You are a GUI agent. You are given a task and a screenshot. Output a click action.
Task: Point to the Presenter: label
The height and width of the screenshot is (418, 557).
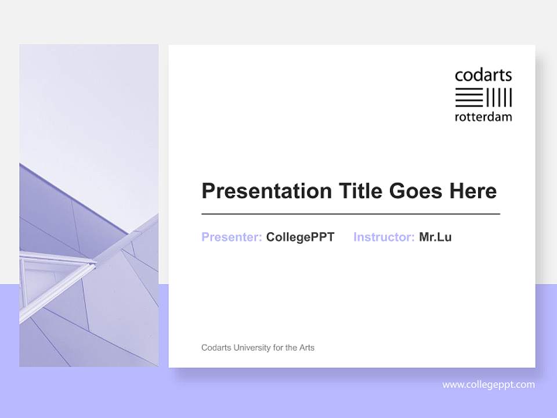pyautogui.click(x=232, y=237)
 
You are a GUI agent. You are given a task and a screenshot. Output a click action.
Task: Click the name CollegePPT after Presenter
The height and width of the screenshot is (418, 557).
pyautogui.click(x=300, y=237)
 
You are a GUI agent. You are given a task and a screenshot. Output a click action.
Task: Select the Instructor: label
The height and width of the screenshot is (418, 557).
pyautogui.click(x=384, y=237)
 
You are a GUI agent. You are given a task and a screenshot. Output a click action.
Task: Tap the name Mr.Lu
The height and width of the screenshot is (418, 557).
pyautogui.click(x=435, y=237)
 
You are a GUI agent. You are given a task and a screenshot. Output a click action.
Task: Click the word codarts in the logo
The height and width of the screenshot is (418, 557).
pyautogui.click(x=483, y=75)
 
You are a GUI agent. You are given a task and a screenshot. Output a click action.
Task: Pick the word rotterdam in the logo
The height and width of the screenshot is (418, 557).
pyautogui.click(x=483, y=117)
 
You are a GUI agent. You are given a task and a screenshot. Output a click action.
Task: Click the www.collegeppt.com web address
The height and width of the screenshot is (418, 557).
pyautogui.click(x=489, y=384)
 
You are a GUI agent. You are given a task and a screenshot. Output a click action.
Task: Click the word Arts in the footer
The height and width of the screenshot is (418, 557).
pyautogui.click(x=307, y=348)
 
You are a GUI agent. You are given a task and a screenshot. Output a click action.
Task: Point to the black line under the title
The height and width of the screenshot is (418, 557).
pyautogui.click(x=350, y=214)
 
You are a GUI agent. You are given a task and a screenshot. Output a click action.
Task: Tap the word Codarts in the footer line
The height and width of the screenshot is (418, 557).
pyautogui.click(x=215, y=348)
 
